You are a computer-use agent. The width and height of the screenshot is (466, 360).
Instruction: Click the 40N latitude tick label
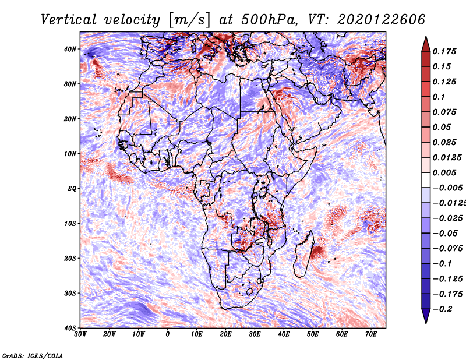[70, 49]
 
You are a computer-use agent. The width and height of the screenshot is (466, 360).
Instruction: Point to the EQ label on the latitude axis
[72, 189]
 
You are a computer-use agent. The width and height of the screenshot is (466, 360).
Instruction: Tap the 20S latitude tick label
[70, 258]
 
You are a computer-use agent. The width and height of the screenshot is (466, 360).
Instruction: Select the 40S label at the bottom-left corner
[70, 328]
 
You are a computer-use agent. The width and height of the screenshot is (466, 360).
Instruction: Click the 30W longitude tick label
[80, 334]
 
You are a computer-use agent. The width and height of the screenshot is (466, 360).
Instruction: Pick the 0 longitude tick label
[168, 334]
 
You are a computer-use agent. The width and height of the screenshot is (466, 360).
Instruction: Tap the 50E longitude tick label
[313, 334]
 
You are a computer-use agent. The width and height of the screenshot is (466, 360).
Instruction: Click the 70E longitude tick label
[371, 334]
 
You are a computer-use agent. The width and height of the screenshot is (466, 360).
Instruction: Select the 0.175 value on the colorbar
[444, 51]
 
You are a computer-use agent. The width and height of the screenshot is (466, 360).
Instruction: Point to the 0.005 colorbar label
[444, 172]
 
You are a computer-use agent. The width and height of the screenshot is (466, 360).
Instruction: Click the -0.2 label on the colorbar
[442, 309]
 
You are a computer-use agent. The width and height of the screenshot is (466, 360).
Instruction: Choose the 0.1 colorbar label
[439, 97]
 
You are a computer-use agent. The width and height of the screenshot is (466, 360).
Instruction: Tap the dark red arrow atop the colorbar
[426, 44]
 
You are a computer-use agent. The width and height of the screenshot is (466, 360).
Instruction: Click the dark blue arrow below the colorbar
[426, 316]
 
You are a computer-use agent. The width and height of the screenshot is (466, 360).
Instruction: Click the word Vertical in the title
[69, 20]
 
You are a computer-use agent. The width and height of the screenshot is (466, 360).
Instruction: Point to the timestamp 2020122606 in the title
[382, 20]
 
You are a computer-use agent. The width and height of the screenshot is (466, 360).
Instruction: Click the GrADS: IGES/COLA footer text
[33, 355]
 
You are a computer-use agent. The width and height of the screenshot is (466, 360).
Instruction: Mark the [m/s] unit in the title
[189, 20]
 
